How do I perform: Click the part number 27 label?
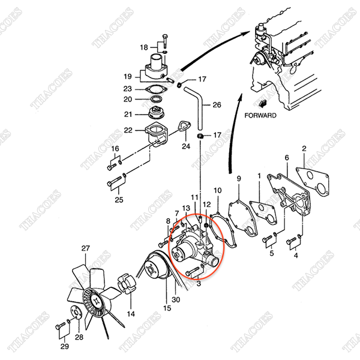pos(85,248)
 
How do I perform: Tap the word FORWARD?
pos(261,115)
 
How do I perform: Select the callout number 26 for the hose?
pos(217,104)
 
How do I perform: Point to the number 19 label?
pos(127,76)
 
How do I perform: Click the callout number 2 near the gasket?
pos(304,148)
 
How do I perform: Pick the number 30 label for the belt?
pos(176,299)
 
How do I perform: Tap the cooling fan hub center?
pos(93,300)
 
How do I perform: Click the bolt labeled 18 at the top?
pos(163,41)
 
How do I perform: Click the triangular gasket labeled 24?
pos(181,128)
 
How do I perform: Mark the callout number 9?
pos(238,178)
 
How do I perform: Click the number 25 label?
pos(119,200)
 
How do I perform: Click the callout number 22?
pos(127,130)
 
